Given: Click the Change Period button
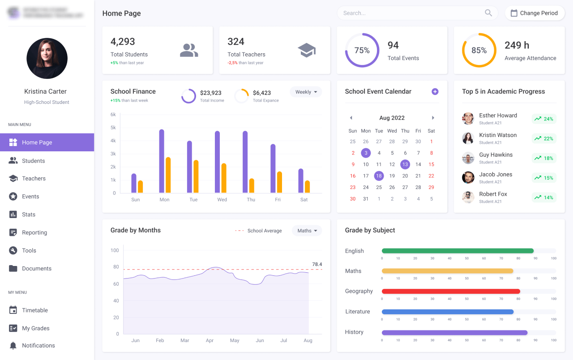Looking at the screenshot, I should (x=535, y=13).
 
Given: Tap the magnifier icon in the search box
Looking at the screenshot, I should (x=488, y=13).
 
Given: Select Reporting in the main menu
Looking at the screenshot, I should (x=34, y=232).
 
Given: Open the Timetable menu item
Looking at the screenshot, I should (x=34, y=310).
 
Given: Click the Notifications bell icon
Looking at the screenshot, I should (x=13, y=346).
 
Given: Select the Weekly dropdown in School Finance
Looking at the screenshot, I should (x=306, y=92).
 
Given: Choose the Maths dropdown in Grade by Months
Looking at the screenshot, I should (x=307, y=231).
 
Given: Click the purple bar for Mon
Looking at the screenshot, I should (x=162, y=161).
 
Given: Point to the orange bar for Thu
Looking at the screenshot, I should (x=252, y=186).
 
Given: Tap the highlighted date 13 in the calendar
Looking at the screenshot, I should (x=405, y=164).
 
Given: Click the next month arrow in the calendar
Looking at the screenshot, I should (x=433, y=118).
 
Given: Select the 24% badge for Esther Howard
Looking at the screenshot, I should (x=544, y=119).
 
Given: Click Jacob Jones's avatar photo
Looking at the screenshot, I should (x=468, y=177).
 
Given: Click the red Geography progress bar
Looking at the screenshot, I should (x=450, y=291).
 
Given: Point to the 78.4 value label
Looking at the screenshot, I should (x=317, y=264).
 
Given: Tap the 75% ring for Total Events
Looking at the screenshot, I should (x=362, y=50).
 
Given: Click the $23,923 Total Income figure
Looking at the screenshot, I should (x=210, y=93).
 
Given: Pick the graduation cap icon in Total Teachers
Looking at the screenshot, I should (x=307, y=50).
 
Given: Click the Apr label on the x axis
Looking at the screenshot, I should (x=210, y=340).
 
